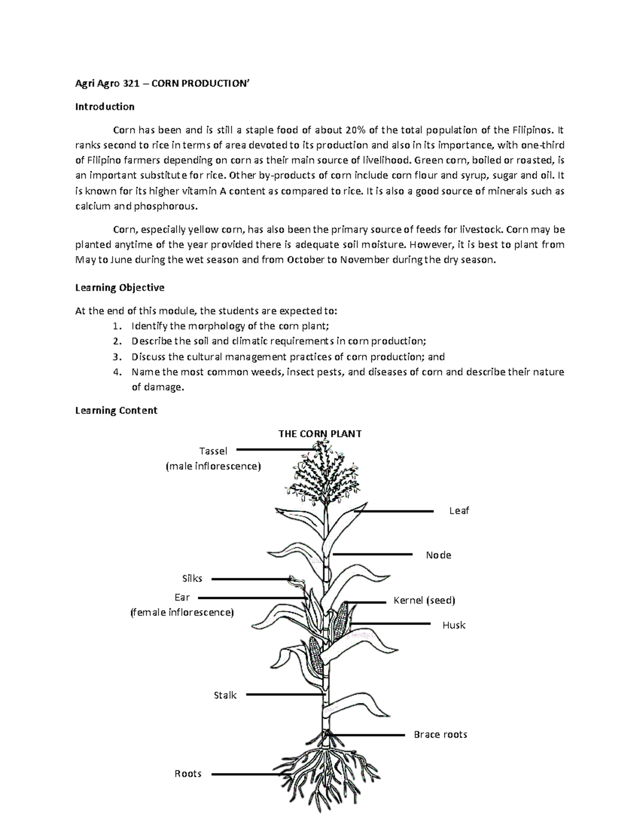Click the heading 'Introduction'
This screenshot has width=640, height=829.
105,107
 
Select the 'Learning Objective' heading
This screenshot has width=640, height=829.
119,288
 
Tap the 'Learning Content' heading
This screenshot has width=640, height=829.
116,410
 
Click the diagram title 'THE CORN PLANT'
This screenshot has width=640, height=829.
320,433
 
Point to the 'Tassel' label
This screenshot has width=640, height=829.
213,451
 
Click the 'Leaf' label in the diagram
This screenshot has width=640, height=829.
459,511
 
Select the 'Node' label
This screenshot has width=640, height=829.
438,555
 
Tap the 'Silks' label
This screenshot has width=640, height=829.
192,579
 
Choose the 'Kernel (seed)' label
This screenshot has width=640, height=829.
424,601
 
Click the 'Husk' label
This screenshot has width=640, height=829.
454,625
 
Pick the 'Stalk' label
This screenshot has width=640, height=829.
225,696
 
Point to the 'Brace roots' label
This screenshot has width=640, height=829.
440,735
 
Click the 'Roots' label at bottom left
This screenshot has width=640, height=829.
188,774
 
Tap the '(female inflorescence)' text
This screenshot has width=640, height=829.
182,612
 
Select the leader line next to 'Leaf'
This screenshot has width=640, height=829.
394,511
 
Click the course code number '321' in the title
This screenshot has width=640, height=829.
126,84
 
